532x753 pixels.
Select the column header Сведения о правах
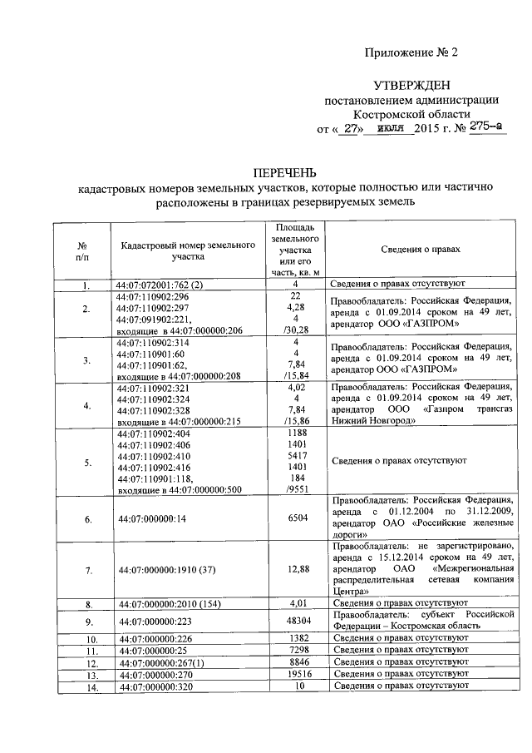(x=421, y=250)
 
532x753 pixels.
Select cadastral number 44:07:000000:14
(x=152, y=518)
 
